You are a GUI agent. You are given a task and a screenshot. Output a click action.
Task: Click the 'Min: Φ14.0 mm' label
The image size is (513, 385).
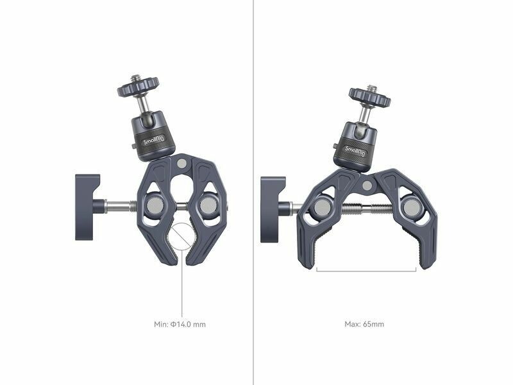pyautogui.click(x=180, y=325)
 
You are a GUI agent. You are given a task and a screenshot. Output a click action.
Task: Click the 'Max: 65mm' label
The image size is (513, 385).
pyautogui.click(x=364, y=324)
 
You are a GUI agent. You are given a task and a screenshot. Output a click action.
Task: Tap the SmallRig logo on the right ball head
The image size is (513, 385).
pyautogui.click(x=355, y=151)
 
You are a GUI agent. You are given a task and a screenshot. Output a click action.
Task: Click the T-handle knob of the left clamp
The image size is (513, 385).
pyautogui.click(x=87, y=207)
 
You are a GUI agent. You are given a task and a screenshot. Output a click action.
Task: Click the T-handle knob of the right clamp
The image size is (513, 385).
pyautogui.click(x=273, y=210)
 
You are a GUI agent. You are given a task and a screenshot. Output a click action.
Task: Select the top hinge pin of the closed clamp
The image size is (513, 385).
pyautogui.click(x=181, y=164)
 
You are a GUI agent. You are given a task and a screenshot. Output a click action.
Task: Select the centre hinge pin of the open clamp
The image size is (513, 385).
pyautogui.click(x=367, y=185)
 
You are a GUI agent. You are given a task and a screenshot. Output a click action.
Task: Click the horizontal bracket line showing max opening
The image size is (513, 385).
pyautogui.click(x=366, y=271)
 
